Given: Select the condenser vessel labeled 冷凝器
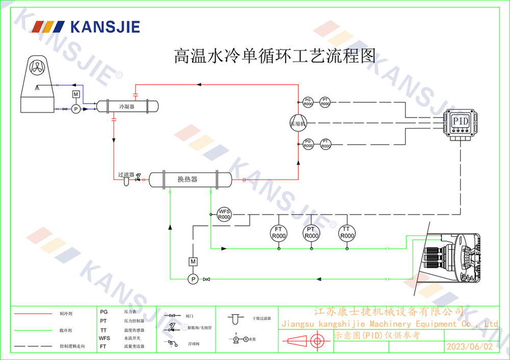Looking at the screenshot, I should pos(127,106).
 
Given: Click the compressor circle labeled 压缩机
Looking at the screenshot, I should pos(297,123).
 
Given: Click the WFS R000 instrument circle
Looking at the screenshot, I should pos(224,214).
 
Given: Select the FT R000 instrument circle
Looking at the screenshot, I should pos(278,233).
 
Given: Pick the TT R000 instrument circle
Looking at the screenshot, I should pos(347,233).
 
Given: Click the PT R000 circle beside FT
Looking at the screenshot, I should pos(311,233).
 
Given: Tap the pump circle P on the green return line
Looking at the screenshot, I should pos(193,278).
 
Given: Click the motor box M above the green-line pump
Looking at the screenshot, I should pos(193,262).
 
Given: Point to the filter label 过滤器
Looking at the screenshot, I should pos(125,174).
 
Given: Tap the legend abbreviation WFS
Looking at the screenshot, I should pos(104,338).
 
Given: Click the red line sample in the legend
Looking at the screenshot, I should pos(33,314).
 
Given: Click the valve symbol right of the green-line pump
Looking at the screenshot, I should pos(206,279).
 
